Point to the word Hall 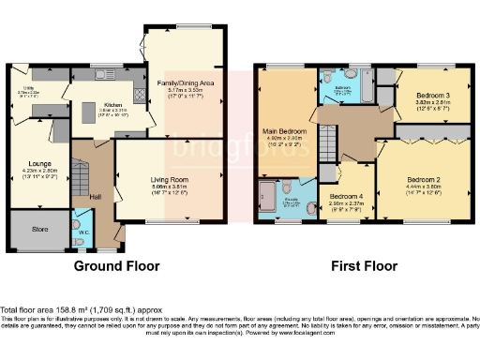[x=95, y=196]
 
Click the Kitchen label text [x=113, y=104]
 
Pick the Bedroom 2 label [x=424, y=177]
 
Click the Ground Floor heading [x=113, y=266]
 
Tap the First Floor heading [x=363, y=266]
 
